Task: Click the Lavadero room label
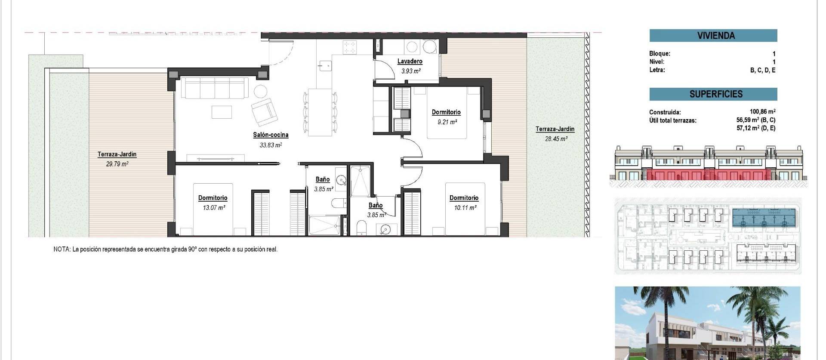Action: [x=410, y=62]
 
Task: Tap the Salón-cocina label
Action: [x=271, y=135]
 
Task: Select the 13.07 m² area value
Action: [x=214, y=208]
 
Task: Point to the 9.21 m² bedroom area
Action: [x=447, y=122]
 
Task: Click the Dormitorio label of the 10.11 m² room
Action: [x=464, y=198]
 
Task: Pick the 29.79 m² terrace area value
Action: [x=117, y=164]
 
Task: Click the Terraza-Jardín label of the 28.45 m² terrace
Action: [x=555, y=129]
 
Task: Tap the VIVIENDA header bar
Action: [x=713, y=36]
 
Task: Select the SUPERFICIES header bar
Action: [x=713, y=94]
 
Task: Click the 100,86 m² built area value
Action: [x=762, y=112]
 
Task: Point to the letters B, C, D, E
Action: [x=763, y=70]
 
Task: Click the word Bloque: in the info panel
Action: [x=660, y=54]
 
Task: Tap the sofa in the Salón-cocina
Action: [x=214, y=88]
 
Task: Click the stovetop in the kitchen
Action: [x=350, y=47]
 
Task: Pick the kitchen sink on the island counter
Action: [x=325, y=66]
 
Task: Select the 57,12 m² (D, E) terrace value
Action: [x=756, y=128]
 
